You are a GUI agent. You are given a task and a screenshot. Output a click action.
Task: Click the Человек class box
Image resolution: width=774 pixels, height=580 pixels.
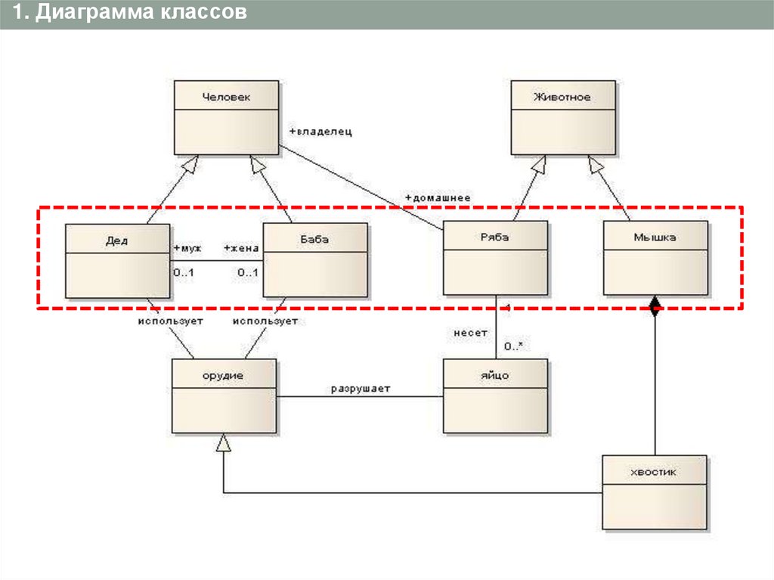pos(226,117)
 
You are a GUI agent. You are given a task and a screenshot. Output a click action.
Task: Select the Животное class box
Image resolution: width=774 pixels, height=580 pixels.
pos(562,117)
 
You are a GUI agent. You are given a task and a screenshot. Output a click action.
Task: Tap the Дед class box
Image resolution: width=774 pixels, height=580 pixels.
pos(117,260)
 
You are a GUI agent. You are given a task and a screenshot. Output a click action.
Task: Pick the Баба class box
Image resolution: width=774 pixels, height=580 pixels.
pos(315,260)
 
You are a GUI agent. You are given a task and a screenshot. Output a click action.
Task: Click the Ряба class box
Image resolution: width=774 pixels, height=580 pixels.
pos(494,257)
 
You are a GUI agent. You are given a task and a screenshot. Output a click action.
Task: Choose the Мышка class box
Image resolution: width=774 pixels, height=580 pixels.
pos(655,257)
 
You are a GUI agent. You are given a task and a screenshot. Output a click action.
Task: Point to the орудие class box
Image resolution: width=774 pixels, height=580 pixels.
pos(224,395)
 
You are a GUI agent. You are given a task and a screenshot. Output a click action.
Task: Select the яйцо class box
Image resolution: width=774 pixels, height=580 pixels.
pos(494,395)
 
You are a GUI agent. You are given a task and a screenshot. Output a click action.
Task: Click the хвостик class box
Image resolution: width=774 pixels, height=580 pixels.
pos(655,492)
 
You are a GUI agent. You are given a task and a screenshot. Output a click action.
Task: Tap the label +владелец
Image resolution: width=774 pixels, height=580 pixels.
pos(320,131)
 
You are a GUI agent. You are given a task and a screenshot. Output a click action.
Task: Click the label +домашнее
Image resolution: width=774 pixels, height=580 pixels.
pos(438,197)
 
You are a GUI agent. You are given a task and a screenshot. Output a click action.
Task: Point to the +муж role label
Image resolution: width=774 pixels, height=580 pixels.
pos(187,248)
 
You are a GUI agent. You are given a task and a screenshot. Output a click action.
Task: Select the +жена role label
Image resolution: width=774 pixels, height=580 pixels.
pos(241,248)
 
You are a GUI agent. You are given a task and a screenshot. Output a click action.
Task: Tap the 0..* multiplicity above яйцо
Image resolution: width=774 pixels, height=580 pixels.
pos(514,346)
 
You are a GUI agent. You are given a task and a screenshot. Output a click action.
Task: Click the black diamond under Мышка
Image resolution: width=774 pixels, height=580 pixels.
pos(655,305)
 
